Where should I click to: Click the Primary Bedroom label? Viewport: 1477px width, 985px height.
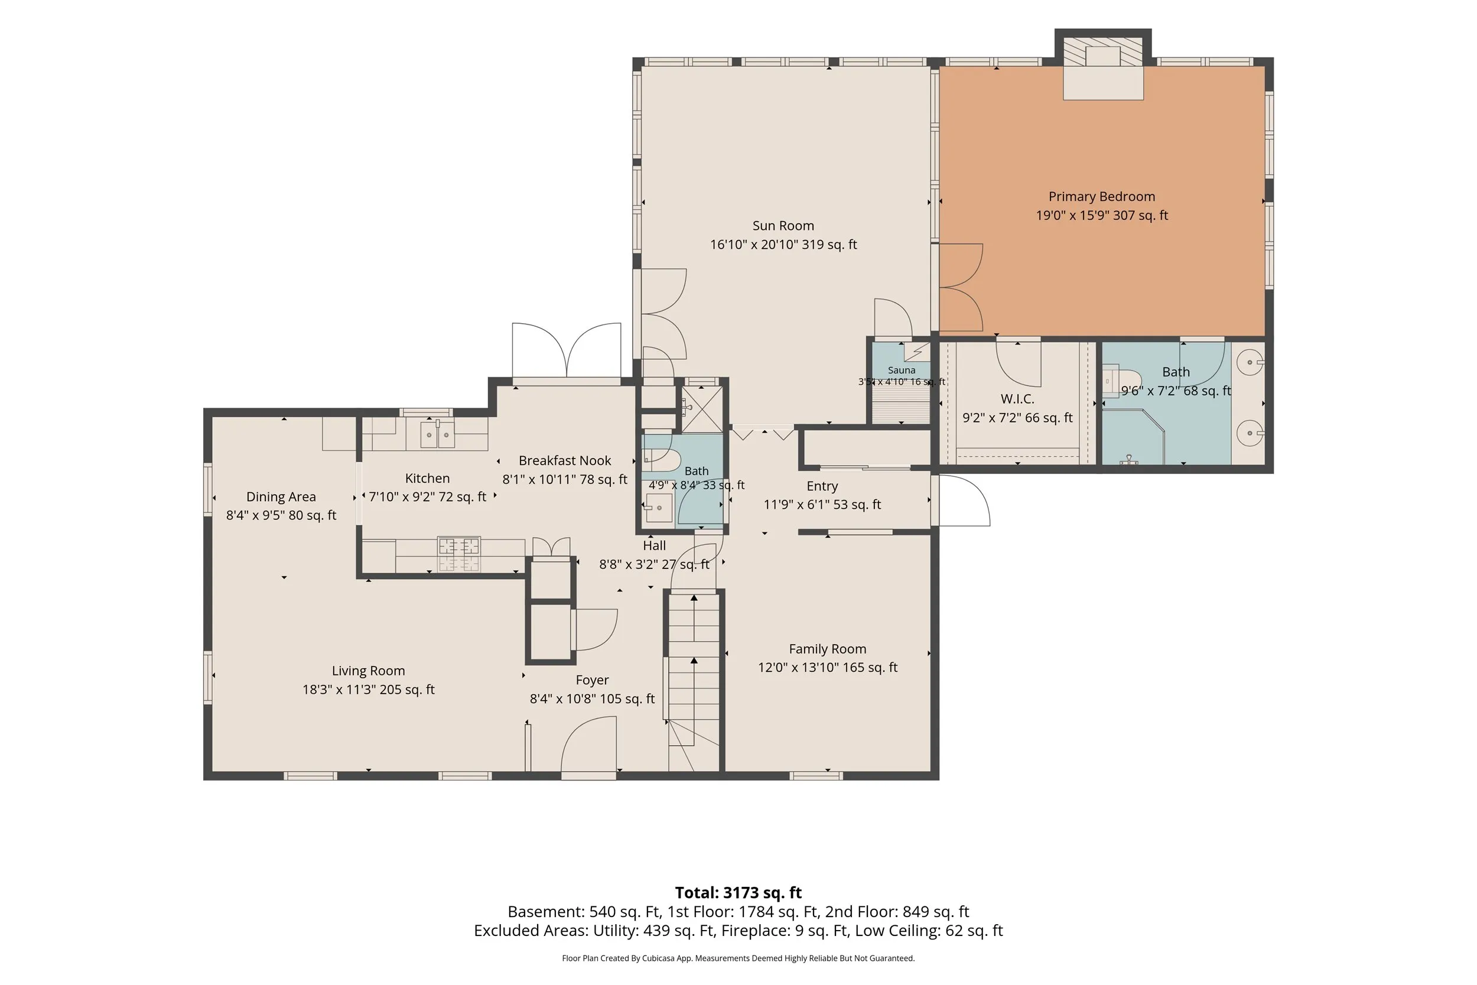(x=1101, y=197)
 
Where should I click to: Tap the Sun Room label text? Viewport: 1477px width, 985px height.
(x=783, y=226)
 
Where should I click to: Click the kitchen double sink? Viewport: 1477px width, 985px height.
(x=437, y=434)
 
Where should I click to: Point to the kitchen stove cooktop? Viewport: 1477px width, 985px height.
(x=459, y=554)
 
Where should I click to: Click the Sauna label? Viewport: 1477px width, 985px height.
(x=901, y=370)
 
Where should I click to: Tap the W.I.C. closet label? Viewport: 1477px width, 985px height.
(x=1017, y=399)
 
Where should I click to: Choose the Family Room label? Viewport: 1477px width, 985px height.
(x=827, y=649)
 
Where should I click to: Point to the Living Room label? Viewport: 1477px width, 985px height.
(x=368, y=671)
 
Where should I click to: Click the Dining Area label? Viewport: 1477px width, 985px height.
(x=281, y=497)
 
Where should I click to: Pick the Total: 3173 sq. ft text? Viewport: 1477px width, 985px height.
(x=738, y=893)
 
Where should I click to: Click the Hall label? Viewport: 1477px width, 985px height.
(x=655, y=545)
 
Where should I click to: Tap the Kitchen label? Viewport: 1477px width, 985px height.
(x=427, y=479)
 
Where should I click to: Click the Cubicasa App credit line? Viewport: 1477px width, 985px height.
(x=738, y=958)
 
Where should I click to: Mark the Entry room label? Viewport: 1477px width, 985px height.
(x=822, y=486)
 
